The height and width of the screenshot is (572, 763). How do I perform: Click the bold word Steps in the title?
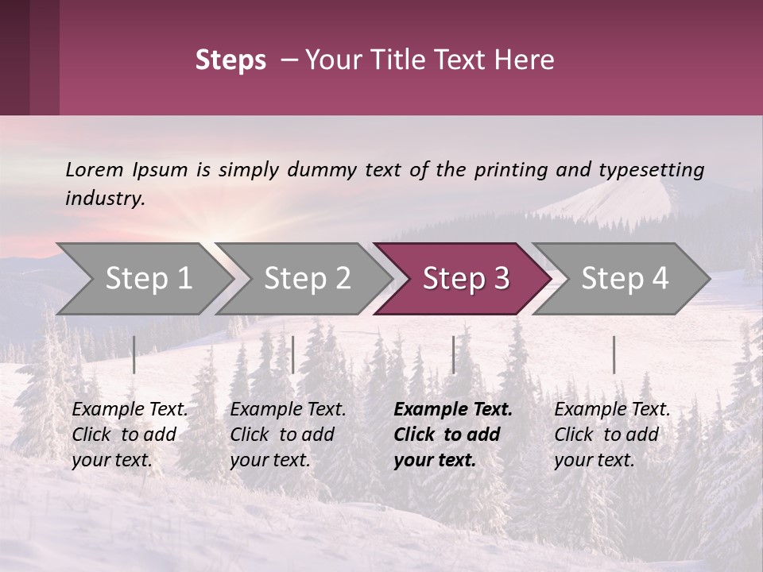230,60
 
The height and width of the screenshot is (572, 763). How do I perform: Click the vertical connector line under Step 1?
134,354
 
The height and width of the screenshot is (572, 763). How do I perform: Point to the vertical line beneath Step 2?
293,354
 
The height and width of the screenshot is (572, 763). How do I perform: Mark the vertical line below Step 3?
454,354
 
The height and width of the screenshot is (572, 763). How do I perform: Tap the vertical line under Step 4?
614,354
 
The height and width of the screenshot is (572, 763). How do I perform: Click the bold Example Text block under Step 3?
452,435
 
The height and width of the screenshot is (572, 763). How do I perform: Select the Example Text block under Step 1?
130,435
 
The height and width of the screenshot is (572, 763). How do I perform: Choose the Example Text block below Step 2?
288,435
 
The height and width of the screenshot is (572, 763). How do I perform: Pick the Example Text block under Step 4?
612,435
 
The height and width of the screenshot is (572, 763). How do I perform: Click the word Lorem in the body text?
95,170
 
